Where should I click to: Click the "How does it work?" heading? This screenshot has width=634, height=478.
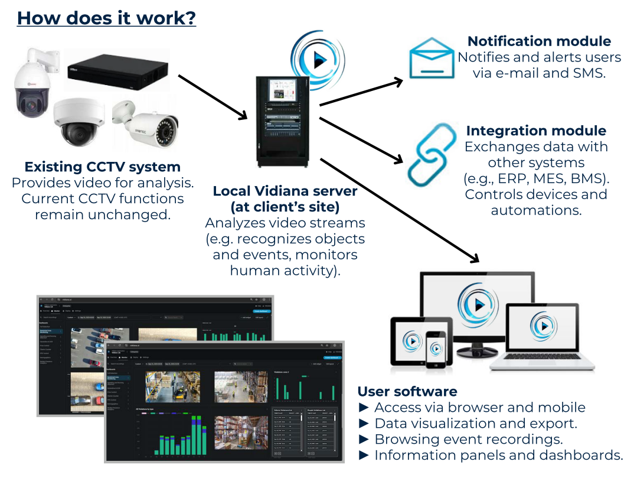pyautogui.click(x=106, y=18)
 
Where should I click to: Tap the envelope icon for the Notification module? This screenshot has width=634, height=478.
pyautogui.click(x=432, y=58)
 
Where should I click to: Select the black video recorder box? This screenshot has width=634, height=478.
pyautogui.click(x=117, y=69)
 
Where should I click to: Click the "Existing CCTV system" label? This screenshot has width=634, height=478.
pyautogui.click(x=103, y=167)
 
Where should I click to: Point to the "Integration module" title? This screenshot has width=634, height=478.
pyautogui.click(x=536, y=131)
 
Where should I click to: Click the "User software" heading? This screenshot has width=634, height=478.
pyautogui.click(x=407, y=391)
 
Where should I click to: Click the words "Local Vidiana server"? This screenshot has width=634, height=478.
pyautogui.click(x=285, y=191)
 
